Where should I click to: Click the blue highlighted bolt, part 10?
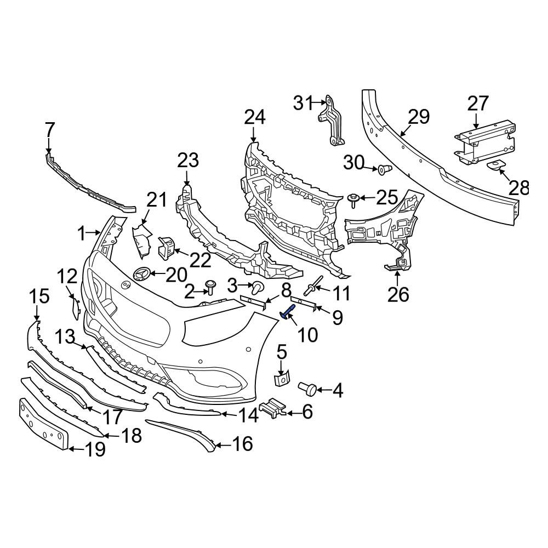pos(288,311)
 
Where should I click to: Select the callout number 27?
pos(477,104)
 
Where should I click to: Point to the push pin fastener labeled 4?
pos(307,389)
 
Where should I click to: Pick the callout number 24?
pos(254,117)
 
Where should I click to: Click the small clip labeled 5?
pos(282,379)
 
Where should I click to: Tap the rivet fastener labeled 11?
pos(312,286)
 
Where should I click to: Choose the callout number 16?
pos(242,444)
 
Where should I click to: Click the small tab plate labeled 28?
pos(494,165)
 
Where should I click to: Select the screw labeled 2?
pos(210,287)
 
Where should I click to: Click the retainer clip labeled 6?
pos(273,408)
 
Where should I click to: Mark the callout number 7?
pos(49,130)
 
